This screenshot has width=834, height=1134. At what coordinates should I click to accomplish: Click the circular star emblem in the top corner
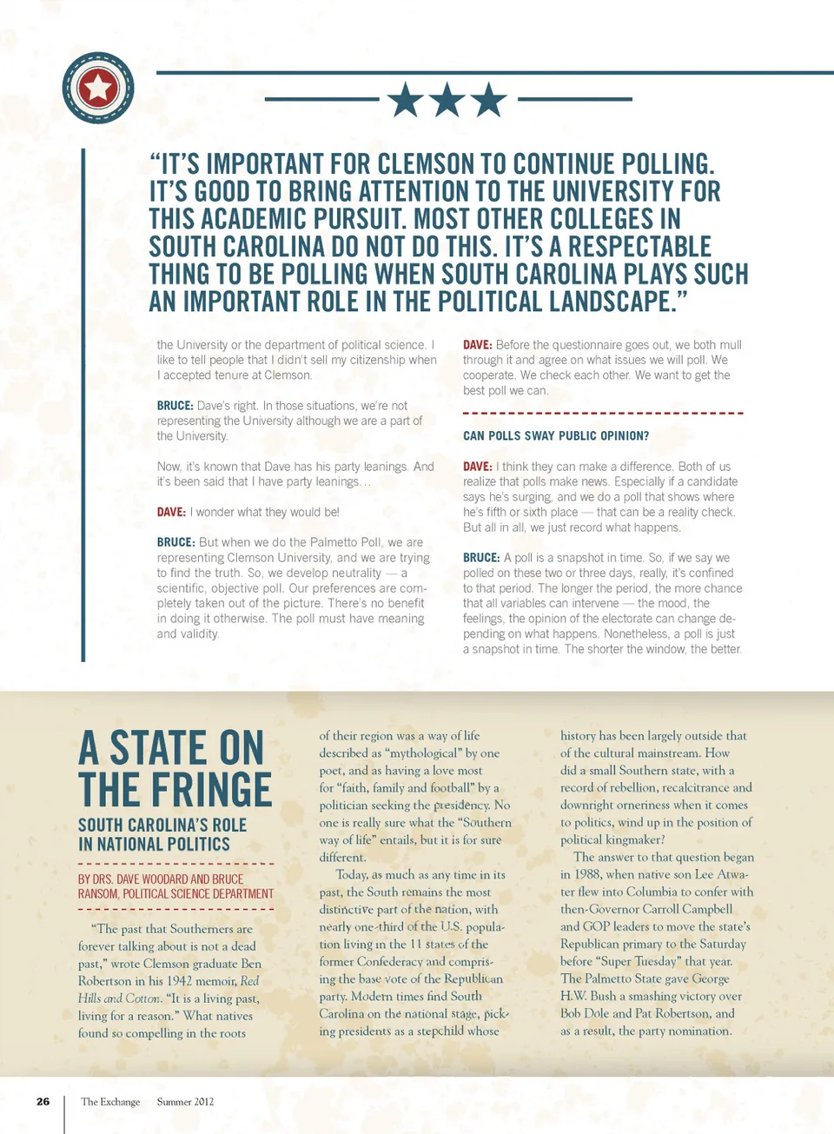(98, 87)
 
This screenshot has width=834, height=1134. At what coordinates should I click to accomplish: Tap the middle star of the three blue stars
(447, 100)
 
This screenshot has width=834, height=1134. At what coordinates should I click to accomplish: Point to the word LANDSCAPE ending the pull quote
(609, 302)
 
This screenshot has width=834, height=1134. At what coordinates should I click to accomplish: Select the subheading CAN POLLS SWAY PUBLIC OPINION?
(556, 436)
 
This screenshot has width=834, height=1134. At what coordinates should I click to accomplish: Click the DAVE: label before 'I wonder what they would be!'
(171, 513)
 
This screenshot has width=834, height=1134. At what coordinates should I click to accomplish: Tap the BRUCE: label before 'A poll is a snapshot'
(481, 558)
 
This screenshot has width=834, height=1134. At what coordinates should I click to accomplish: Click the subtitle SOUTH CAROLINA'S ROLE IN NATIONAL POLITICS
(162, 834)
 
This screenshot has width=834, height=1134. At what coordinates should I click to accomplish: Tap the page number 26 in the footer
(43, 1102)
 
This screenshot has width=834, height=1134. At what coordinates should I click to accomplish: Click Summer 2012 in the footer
(185, 1102)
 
